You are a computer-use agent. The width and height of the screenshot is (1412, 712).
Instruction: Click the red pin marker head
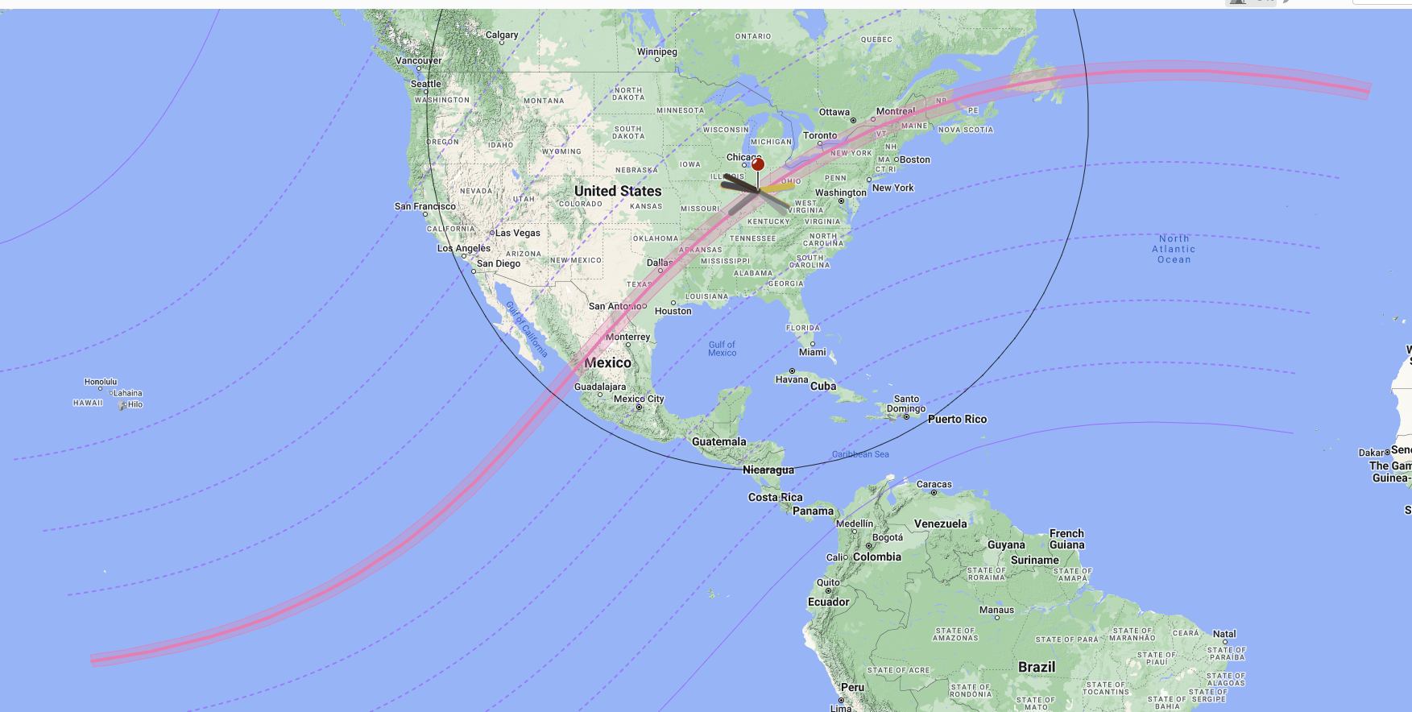pyautogui.click(x=758, y=164)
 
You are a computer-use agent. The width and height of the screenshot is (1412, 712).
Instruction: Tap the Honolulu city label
pyautogui.click(x=101, y=382)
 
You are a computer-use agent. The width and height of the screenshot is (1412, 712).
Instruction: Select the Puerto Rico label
pyautogui.click(x=957, y=419)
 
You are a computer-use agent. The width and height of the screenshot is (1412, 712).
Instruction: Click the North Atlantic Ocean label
pyautogui.click(x=1174, y=249)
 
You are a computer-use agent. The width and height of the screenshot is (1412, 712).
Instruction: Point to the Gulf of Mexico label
pyautogui.click(x=722, y=349)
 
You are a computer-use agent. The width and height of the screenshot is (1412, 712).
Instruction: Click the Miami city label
pyautogui.click(x=813, y=352)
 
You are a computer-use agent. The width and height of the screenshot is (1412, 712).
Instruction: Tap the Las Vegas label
pyautogui.click(x=517, y=233)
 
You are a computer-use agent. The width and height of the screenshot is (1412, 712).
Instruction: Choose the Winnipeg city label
pyautogui.click(x=657, y=52)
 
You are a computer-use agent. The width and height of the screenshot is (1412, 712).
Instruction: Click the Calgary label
pyautogui.click(x=502, y=35)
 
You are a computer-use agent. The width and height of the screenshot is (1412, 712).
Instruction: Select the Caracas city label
pyautogui.click(x=934, y=484)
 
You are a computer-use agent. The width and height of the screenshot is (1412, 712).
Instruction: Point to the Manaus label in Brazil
pyautogui.click(x=996, y=610)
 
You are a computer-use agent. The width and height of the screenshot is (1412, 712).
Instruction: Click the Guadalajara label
pyautogui.click(x=600, y=387)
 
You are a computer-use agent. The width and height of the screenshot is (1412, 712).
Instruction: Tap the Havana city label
pyautogui.click(x=792, y=379)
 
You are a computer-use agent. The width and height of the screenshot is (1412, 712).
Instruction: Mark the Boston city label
pyautogui.click(x=914, y=159)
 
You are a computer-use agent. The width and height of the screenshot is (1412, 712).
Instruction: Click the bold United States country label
pyautogui.click(x=618, y=191)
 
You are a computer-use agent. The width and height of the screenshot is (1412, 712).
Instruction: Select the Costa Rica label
pyautogui.click(x=775, y=497)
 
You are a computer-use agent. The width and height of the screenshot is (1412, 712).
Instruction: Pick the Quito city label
pyautogui.click(x=828, y=582)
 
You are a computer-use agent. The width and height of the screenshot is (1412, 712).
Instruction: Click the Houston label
pyautogui.click(x=673, y=311)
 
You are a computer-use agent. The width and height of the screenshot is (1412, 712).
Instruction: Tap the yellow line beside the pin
pyautogui.click(x=778, y=188)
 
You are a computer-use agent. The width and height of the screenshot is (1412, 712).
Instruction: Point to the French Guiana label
pyautogui.click(x=1066, y=539)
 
